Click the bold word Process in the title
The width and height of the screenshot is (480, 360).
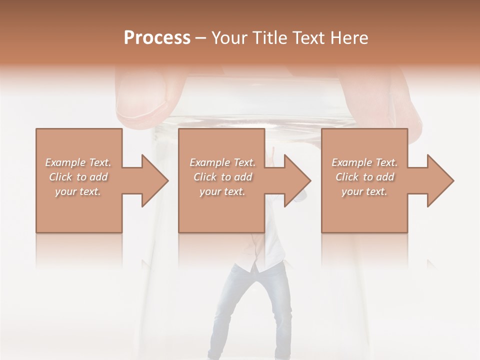pyautogui.click(x=157, y=38)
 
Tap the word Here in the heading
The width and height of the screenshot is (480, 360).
pyautogui.click(x=350, y=38)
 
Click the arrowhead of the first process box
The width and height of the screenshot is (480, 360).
pyautogui.click(x=153, y=180)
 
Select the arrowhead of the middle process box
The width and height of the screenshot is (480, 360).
pyautogui.click(x=295, y=180)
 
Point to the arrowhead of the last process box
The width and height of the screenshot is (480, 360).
pyautogui.click(x=438, y=180)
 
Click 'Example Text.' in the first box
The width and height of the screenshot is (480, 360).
pyautogui.click(x=78, y=162)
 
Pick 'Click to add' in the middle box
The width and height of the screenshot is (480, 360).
pyautogui.click(x=222, y=177)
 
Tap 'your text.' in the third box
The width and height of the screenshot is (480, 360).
pyautogui.click(x=364, y=191)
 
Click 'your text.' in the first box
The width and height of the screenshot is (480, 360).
pyautogui.click(x=78, y=191)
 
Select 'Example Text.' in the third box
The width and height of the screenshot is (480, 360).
pyautogui.click(x=364, y=162)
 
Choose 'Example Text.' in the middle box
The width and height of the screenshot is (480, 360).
pyautogui.click(x=222, y=162)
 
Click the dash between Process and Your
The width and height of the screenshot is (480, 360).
pyautogui.click(x=201, y=38)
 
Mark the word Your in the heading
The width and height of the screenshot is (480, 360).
pyautogui.click(x=229, y=38)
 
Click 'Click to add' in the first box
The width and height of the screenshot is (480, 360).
pyautogui.click(x=78, y=177)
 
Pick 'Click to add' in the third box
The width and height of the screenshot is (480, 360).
pyautogui.click(x=364, y=177)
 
